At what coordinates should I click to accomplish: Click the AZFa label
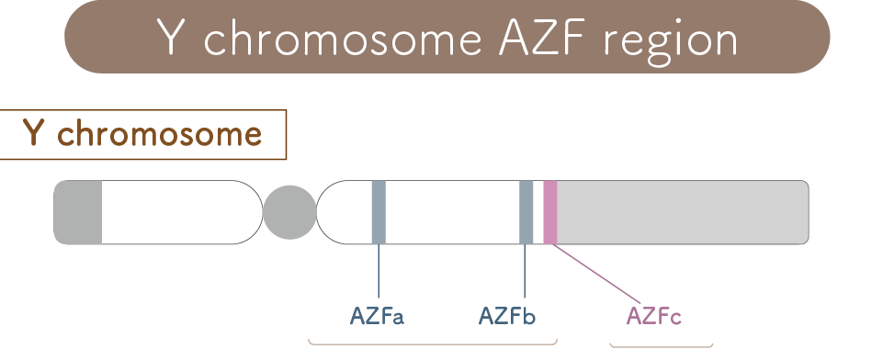[377, 316]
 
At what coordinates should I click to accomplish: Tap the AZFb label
[507, 316]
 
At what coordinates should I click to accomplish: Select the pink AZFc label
[654, 316]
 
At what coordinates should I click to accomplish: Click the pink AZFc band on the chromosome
[550, 212]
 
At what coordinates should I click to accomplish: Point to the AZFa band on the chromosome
[379, 212]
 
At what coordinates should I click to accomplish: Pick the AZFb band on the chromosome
[526, 212]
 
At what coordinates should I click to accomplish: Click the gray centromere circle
[290, 212]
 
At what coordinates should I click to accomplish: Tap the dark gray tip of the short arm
[78, 212]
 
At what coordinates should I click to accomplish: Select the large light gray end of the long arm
[683, 212]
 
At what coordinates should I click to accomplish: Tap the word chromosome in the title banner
[343, 39]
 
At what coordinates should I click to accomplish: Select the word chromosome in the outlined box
[160, 134]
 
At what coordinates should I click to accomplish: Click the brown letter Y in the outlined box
[34, 134]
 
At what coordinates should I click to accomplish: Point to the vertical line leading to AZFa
[379, 271]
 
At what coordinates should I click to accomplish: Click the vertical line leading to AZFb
[525, 271]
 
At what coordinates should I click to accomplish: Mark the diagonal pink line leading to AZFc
[595, 274]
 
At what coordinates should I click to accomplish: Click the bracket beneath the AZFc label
[662, 346]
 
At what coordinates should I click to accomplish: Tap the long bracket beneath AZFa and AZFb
[433, 343]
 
